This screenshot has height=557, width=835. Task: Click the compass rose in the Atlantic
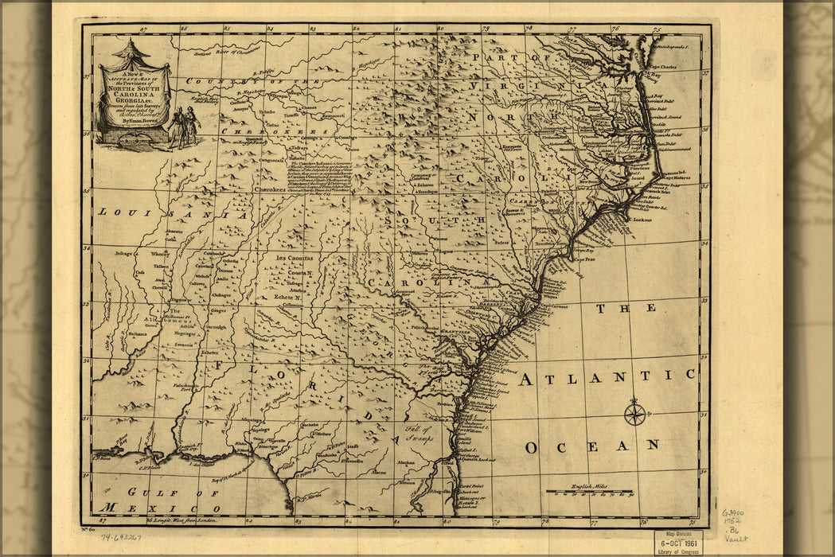(634, 414)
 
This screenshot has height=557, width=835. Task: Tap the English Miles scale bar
(590, 491)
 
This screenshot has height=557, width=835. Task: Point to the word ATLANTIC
(607, 376)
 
